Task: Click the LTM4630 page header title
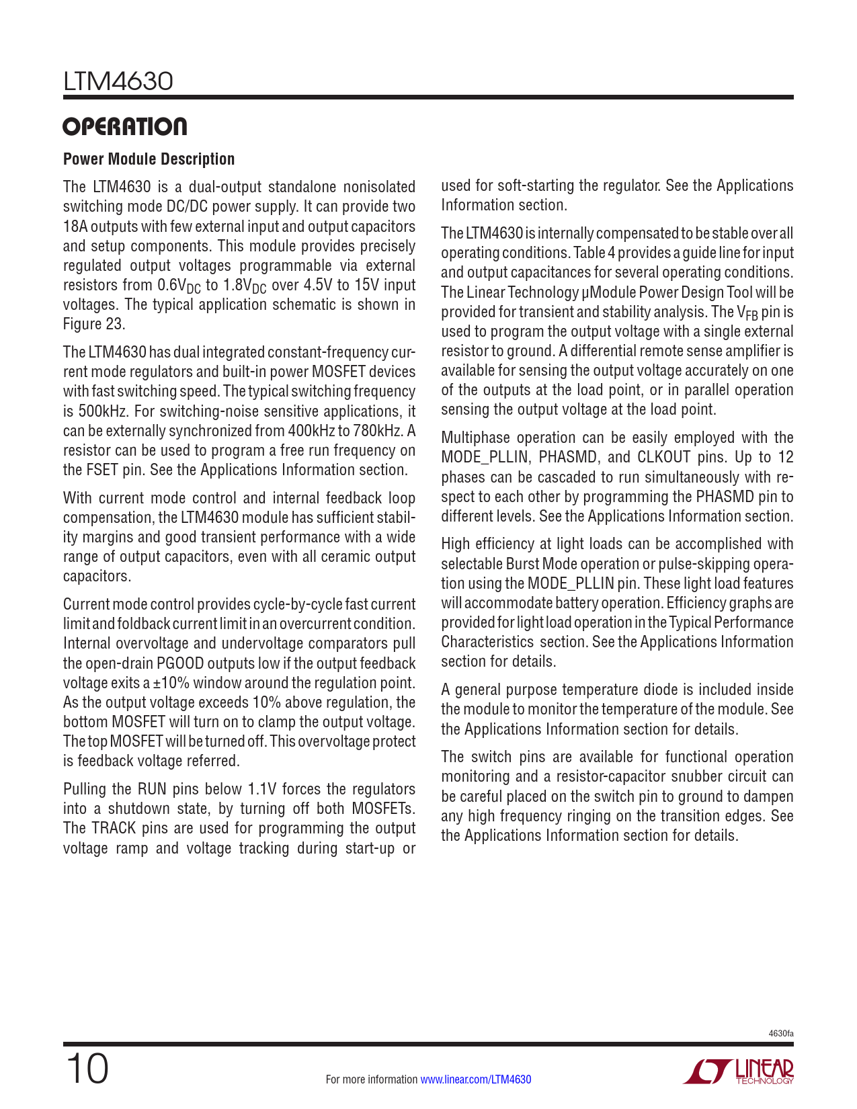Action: pos(118,81)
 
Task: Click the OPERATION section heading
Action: pos(125,127)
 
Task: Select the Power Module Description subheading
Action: pos(149,159)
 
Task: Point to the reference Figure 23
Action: pos(93,324)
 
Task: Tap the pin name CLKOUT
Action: pos(663,458)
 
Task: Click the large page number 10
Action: pos(87,1069)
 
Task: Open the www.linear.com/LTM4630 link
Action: pos(475,1079)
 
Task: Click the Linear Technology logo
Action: pos(739,1071)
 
